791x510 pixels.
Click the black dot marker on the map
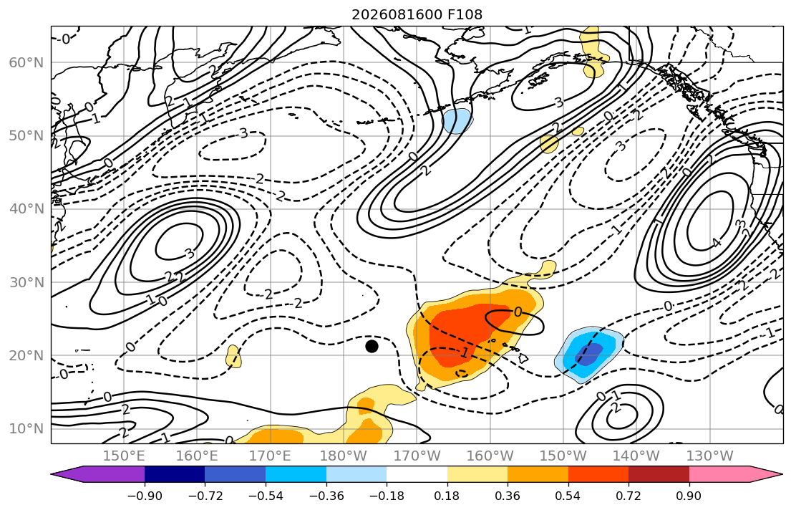click(372, 347)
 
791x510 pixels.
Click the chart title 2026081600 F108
click(417, 14)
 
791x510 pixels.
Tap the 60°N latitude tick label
click(26, 62)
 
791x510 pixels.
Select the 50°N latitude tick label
click(26, 136)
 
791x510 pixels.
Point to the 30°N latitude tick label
click(26, 282)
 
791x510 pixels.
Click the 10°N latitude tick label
click(26, 429)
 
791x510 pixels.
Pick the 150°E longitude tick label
click(124, 456)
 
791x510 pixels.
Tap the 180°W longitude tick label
click(344, 456)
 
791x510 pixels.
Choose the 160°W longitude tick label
click(490, 456)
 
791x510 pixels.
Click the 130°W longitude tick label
click(710, 456)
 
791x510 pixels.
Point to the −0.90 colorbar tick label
click(145, 496)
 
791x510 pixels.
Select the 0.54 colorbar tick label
click(568, 496)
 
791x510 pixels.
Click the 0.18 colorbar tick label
click(447, 496)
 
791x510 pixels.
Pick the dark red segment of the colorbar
click(659, 474)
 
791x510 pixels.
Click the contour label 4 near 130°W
click(717, 243)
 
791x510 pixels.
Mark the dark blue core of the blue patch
click(589, 354)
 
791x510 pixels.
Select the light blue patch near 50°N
click(457, 120)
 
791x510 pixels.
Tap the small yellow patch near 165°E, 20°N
click(233, 357)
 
